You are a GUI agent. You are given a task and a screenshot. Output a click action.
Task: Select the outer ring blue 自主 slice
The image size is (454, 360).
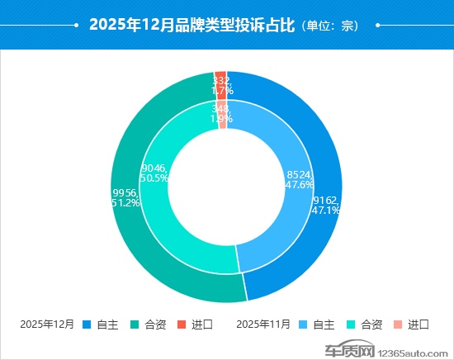[x=310, y=248]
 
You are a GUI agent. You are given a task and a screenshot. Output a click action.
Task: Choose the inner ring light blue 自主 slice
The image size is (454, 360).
[x=285, y=223]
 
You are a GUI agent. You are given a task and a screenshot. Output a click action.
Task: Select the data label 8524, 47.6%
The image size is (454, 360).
[x=300, y=180]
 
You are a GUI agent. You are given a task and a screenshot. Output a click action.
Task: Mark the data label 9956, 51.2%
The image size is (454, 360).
[x=125, y=197]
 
